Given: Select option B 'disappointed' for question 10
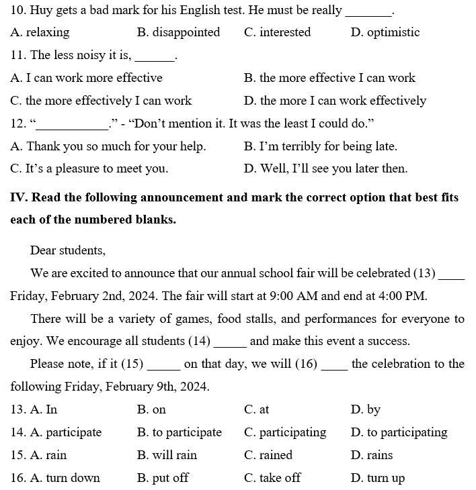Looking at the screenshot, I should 178,32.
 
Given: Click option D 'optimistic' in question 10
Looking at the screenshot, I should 385,32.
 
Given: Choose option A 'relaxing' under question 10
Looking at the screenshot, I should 40,32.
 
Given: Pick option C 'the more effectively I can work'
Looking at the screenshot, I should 101,101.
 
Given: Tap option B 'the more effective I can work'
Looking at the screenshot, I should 329,78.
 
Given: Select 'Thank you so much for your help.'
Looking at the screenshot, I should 108,146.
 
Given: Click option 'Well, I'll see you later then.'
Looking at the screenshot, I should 326,168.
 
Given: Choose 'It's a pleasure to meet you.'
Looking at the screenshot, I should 89,168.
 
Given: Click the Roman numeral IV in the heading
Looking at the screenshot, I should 17,197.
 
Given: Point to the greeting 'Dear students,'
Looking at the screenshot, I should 68,250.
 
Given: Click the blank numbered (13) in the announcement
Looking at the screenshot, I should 451,275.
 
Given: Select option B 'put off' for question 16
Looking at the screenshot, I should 163,478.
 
